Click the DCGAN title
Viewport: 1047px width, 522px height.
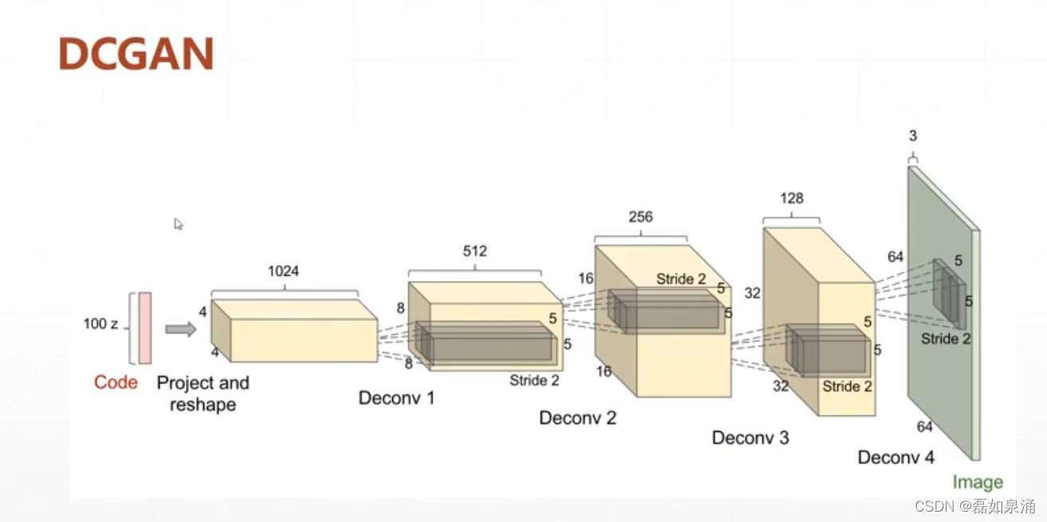click(136, 53)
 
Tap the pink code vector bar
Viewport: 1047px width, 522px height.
click(144, 328)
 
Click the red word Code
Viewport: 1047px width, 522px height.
click(116, 383)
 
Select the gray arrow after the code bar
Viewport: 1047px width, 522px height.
click(180, 329)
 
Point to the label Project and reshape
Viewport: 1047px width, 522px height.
click(203, 394)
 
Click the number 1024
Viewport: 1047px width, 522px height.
click(283, 272)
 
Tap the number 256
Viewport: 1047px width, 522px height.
click(640, 217)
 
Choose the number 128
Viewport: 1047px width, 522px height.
click(792, 198)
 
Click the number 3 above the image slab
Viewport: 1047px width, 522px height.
click(913, 136)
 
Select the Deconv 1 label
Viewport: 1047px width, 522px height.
click(396, 398)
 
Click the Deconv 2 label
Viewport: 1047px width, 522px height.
click(577, 418)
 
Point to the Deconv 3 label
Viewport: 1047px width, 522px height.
click(750, 438)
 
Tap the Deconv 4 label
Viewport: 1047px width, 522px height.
click(895, 457)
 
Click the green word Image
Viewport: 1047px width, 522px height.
click(978, 482)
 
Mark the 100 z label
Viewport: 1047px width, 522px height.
click(100, 324)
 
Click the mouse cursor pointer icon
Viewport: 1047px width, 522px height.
click(179, 224)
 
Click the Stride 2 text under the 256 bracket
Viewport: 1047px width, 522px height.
click(681, 279)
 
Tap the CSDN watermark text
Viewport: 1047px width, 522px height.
click(974, 506)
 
